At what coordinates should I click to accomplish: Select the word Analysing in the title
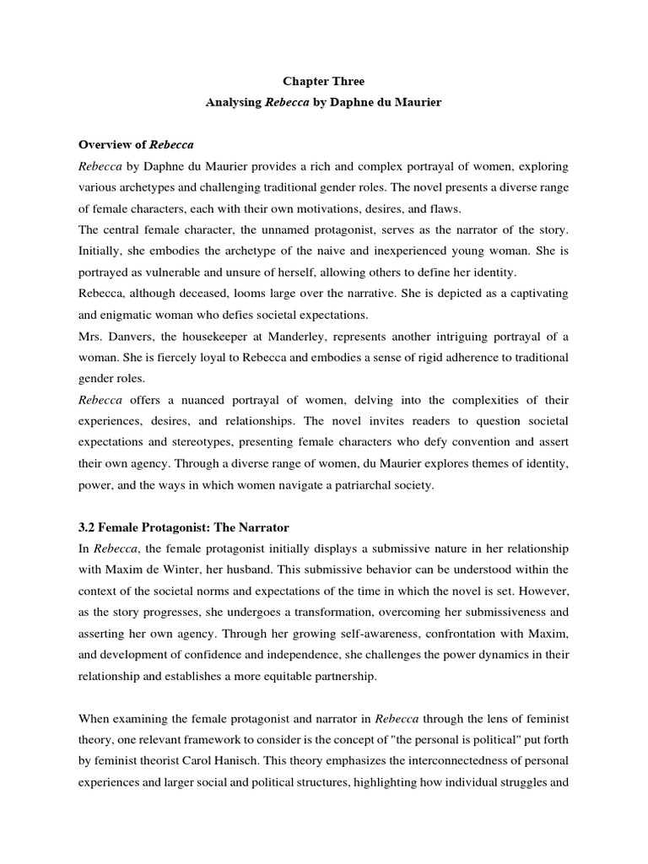[x=235, y=101]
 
